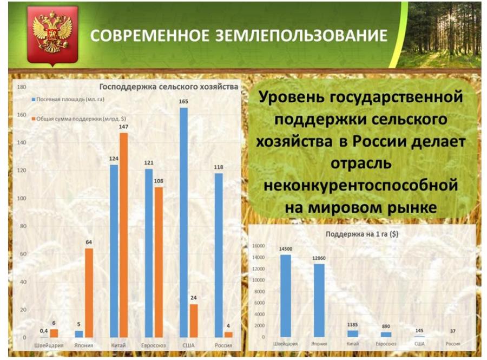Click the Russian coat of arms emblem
(52, 35)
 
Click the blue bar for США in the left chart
(183, 222)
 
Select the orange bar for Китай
(123, 235)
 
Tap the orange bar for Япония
(89, 293)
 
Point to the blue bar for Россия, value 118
(219, 256)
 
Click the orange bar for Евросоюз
(159, 262)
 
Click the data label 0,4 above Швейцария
(44, 331)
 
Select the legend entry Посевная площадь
(68, 100)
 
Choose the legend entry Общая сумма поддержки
(78, 119)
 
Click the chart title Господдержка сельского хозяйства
(169, 87)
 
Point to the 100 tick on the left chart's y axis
(22, 198)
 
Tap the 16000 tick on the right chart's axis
(259, 246)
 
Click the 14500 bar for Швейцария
(286, 296)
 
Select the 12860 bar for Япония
(319, 300)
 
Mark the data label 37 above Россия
(453, 331)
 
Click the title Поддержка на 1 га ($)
(362, 234)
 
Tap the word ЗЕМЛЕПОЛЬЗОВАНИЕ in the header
(301, 35)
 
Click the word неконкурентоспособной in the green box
(360, 186)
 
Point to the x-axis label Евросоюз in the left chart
(154, 345)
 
